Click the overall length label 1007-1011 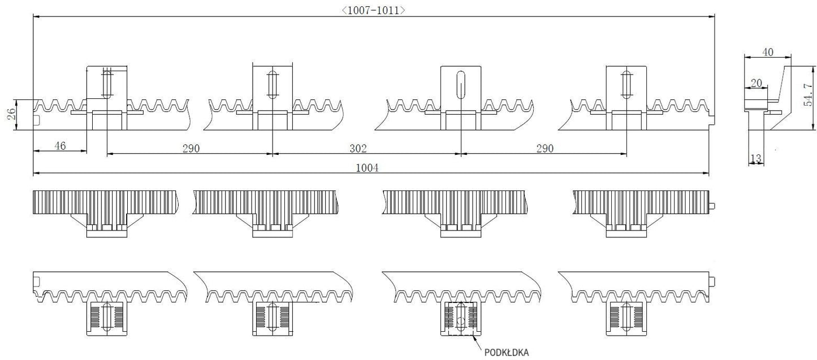[373, 10]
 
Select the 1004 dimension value [367, 168]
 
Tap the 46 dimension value [60, 146]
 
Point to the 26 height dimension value [12, 114]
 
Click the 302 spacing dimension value [358, 149]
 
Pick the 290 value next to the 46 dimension [191, 149]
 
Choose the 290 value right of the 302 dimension [545, 149]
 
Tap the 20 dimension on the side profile [757, 83]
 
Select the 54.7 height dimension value [809, 94]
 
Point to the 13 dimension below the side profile [756, 158]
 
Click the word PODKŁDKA [507, 353]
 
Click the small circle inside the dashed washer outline [461, 322]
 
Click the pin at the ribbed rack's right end [712, 206]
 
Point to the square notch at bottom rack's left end [36, 282]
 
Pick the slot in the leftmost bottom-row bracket [107, 316]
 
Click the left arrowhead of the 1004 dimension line [36, 174]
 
